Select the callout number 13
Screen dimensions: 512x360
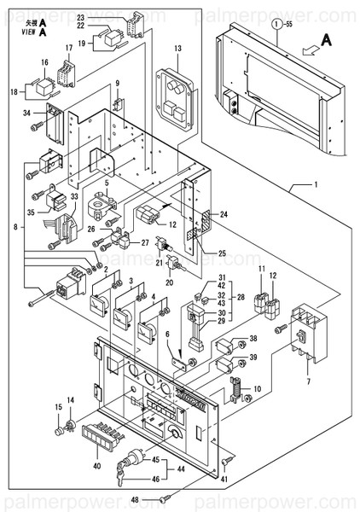tap(178, 49)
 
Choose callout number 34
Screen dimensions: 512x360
tap(27, 113)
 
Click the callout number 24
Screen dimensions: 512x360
tap(224, 214)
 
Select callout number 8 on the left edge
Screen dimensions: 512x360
tap(8, 227)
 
